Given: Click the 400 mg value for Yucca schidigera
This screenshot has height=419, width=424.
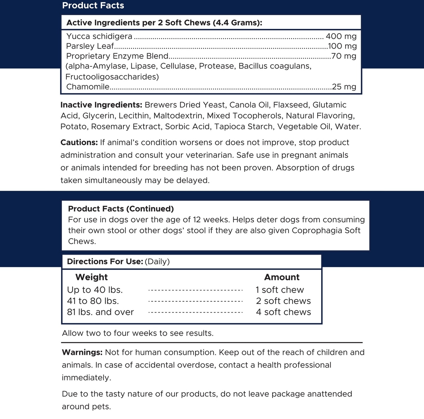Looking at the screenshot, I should coord(341,36).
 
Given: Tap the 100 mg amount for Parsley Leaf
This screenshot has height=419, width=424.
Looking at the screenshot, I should coord(342,46).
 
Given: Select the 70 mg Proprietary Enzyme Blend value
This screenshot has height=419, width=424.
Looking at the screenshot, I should coord(343,56).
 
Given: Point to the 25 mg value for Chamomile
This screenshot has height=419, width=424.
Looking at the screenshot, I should coord(344,86).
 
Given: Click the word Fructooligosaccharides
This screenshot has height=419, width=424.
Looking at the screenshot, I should coord(112,77).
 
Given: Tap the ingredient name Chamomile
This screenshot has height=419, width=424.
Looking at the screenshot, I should coord(88,86).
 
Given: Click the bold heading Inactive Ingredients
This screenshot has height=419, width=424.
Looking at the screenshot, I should coord(101,105).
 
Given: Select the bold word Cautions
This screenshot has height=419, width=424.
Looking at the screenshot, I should coord(79,142).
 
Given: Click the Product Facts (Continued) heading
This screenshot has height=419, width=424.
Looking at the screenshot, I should coord(121,209).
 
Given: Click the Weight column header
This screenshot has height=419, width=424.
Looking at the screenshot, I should coord(92,277).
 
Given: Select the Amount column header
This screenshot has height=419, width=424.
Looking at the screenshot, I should coord(282,277).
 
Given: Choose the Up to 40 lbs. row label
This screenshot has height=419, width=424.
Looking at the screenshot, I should coord(95,290).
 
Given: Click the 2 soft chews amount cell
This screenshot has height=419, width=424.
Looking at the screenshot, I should coord(283,301).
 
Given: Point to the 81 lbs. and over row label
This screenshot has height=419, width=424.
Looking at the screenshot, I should coord(100,312).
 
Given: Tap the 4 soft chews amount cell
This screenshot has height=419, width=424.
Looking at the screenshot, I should coord(283,312).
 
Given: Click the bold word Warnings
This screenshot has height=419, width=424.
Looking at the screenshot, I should coord(82,352).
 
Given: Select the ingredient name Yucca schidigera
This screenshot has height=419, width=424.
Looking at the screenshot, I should coord(99,36).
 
